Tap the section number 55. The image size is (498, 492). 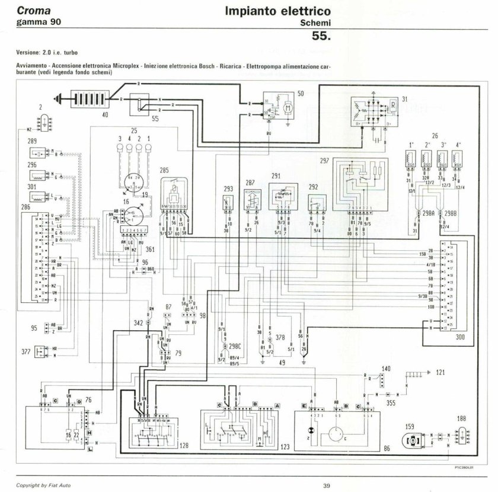(x=321, y=36)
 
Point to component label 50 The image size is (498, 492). (x=301, y=94)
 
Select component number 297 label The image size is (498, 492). (x=324, y=161)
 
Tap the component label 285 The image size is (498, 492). (x=165, y=170)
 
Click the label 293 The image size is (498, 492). (x=228, y=189)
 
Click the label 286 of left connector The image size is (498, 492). (x=25, y=207)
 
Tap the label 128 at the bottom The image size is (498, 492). (x=184, y=445)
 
